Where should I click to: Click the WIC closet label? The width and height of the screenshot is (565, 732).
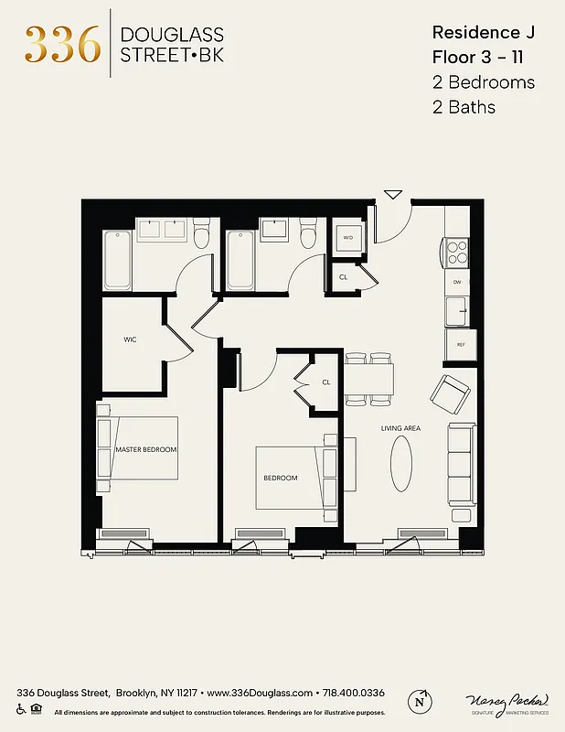click(130, 339)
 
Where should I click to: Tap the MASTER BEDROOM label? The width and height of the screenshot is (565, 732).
click(146, 450)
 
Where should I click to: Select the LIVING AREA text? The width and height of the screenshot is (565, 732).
click(400, 428)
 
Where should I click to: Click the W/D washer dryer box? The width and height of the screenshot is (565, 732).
click(347, 238)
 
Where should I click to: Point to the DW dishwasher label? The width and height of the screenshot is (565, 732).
click(457, 282)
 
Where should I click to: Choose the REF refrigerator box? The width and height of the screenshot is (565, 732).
click(461, 344)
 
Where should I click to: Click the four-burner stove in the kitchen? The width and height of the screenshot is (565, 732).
click(457, 251)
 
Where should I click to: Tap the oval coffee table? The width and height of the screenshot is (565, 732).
click(401, 464)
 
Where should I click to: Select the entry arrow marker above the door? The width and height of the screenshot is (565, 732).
click(393, 194)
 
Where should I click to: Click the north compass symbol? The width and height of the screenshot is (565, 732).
click(420, 700)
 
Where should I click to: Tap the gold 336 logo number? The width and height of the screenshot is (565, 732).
click(62, 43)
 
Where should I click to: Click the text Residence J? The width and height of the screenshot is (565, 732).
click(483, 33)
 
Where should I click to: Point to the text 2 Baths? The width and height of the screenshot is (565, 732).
click(464, 107)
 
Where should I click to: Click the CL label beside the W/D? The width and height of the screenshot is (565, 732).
click(344, 276)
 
